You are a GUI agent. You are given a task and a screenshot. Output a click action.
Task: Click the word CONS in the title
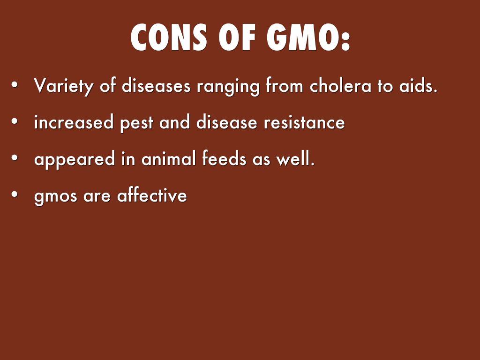pyautogui.click(x=169, y=37)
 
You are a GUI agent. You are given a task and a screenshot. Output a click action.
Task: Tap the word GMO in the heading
pyautogui.click(x=305, y=37)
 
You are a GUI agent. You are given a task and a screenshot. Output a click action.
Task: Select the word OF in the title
pyautogui.click(x=237, y=37)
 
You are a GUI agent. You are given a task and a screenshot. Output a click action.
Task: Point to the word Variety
pyautogui.click(x=63, y=86)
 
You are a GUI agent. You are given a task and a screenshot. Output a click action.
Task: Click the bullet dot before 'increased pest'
pyautogui.click(x=14, y=121)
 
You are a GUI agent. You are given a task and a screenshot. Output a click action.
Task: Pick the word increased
pyautogui.click(x=74, y=122)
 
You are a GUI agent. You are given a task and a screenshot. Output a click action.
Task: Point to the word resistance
pyautogui.click(x=304, y=122)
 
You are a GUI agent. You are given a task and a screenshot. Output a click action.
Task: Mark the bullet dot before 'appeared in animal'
pyautogui.click(x=14, y=158)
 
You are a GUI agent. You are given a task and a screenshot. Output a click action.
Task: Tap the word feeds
pyautogui.click(x=224, y=158)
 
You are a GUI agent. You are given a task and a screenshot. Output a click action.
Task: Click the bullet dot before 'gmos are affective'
pyautogui.click(x=14, y=195)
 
